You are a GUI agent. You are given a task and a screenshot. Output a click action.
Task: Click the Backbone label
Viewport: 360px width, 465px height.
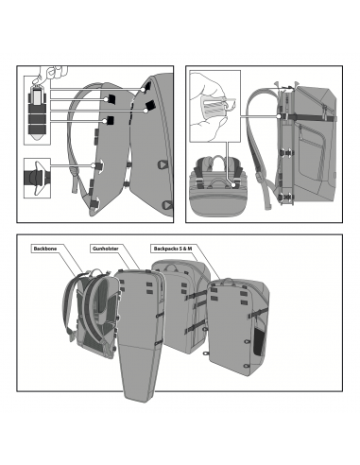click(x=45, y=249)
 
